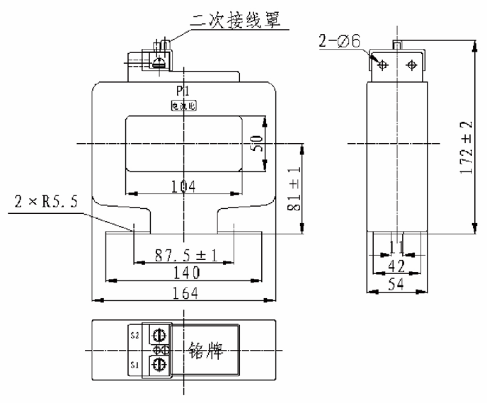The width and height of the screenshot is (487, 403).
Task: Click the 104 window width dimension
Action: (183, 186)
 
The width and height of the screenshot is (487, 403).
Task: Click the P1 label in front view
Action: (184, 91)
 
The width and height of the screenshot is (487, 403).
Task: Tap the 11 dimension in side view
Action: (396, 249)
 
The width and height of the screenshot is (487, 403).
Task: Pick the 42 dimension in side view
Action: (396, 266)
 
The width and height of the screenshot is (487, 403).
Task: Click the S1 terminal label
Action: (134, 365)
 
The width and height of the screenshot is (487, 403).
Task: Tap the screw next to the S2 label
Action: (159, 334)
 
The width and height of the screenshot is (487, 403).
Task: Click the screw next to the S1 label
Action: (159, 364)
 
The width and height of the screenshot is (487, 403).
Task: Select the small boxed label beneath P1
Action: (183, 106)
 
